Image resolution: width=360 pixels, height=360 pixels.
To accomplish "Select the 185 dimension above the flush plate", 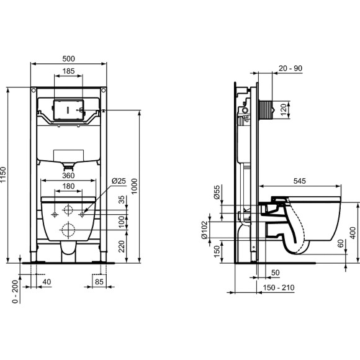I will (x=70, y=73).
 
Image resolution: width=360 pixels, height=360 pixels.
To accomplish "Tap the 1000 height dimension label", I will (x=143, y=188).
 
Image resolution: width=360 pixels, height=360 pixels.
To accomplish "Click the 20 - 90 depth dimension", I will (x=291, y=68).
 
